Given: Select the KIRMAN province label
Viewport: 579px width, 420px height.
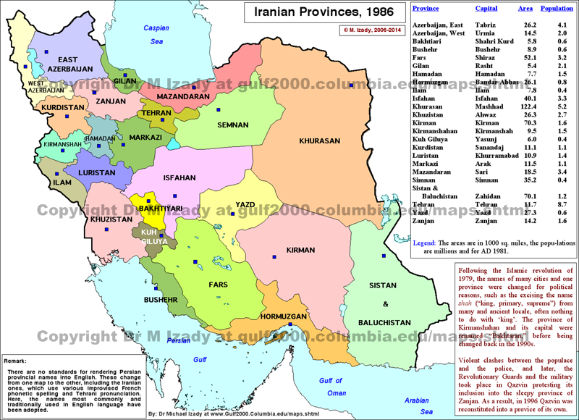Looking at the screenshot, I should pyautogui.click(x=300, y=250).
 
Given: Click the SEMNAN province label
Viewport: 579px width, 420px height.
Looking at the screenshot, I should pyautogui.click(x=234, y=125).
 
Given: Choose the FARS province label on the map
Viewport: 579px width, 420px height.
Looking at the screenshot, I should pyautogui.click(x=219, y=285).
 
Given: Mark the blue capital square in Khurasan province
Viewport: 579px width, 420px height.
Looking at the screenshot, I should pyautogui.click(x=350, y=85).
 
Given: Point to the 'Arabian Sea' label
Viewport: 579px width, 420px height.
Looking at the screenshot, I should pyautogui.click(x=417, y=403).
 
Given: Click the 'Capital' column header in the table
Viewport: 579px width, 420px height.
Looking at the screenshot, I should pyautogui.click(x=486, y=9).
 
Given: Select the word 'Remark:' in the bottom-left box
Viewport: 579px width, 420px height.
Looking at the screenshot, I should pyautogui.click(x=16, y=360).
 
